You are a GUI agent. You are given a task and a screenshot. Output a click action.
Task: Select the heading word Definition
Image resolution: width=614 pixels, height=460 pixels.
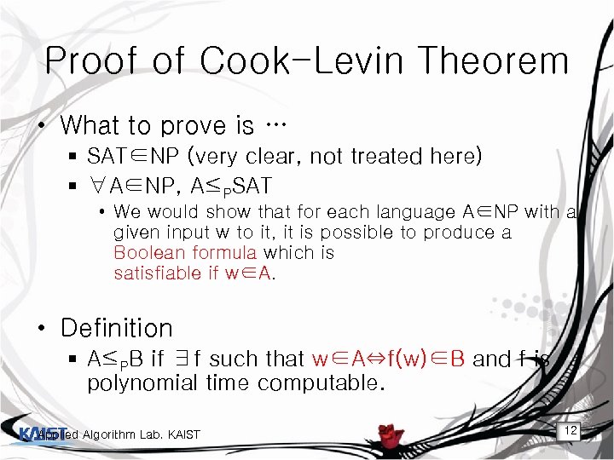[117, 328]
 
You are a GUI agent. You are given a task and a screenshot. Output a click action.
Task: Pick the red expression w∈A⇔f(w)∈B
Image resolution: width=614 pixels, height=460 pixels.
[389, 359]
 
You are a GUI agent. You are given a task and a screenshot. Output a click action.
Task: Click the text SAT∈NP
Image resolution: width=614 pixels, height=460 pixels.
[123, 156]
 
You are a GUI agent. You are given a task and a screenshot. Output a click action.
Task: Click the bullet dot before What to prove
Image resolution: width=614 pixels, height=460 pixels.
[40, 126]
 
